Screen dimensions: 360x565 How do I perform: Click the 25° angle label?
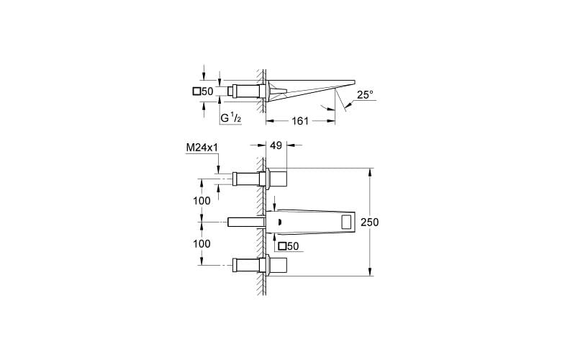coord(365,94)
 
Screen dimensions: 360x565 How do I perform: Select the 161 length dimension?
coord(299,121)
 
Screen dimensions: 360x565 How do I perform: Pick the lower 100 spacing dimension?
coord(202,243)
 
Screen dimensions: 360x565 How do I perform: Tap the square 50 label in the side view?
coord(202,91)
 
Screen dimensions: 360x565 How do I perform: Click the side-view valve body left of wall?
coord(245,91)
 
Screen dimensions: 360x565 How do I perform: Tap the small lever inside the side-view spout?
coord(280,91)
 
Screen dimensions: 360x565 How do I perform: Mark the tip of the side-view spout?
coord(354,79)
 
